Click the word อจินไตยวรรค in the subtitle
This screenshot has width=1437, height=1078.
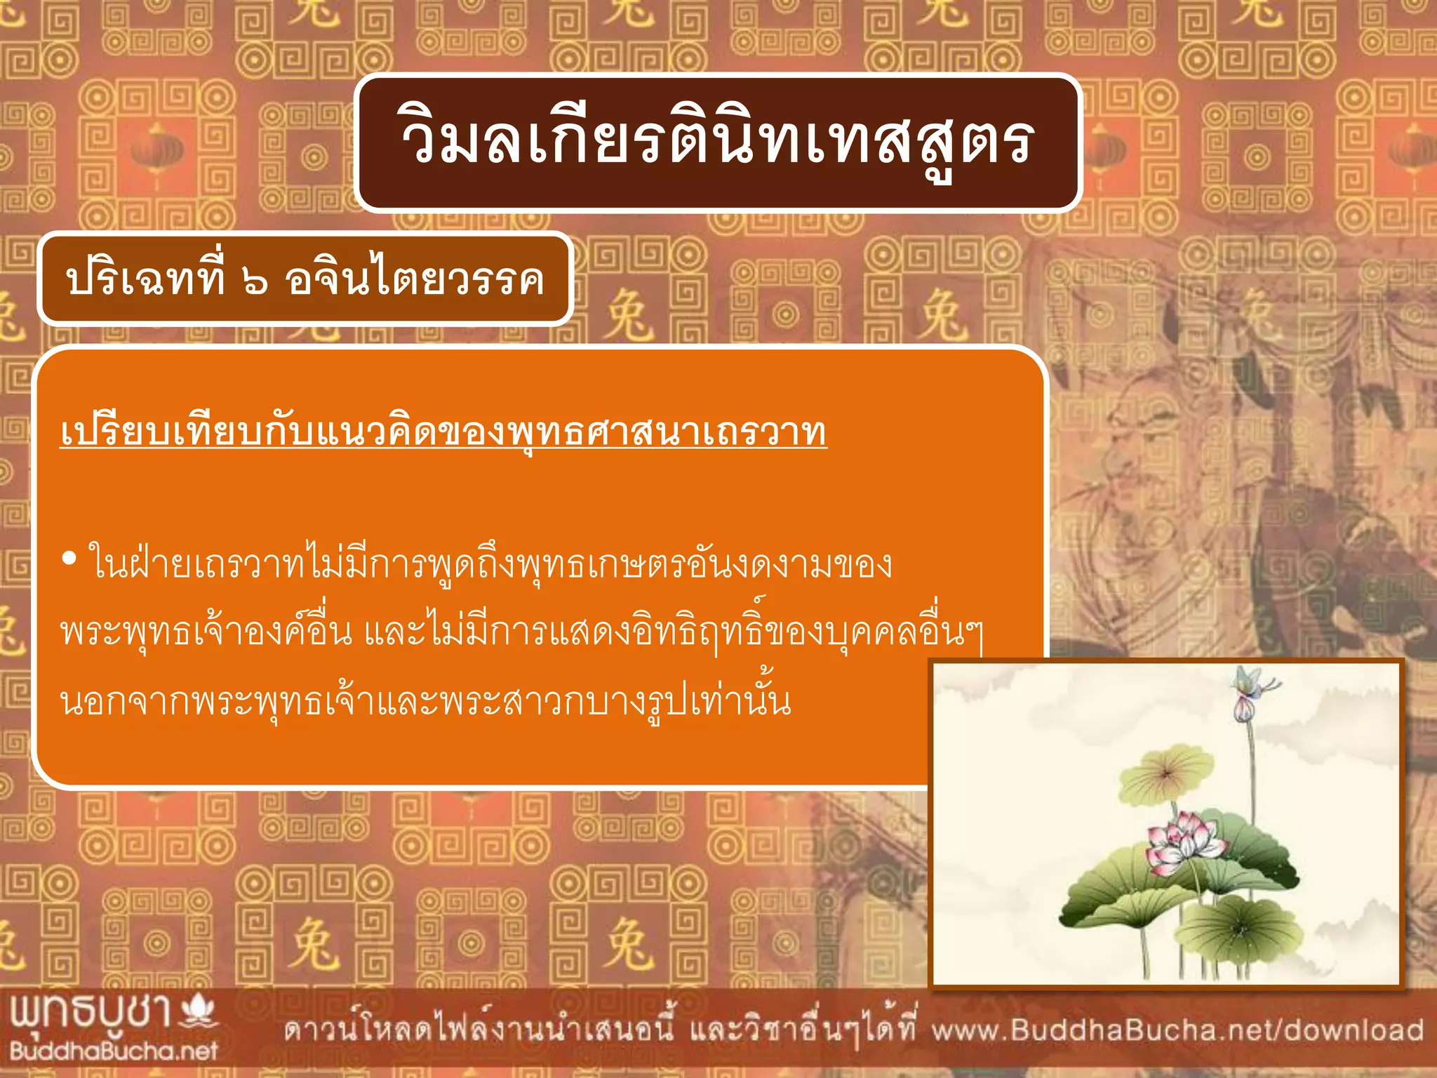pos(414,280)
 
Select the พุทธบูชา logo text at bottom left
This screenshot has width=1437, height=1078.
pos(91,1013)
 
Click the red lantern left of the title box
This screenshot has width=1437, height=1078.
pos(156,151)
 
